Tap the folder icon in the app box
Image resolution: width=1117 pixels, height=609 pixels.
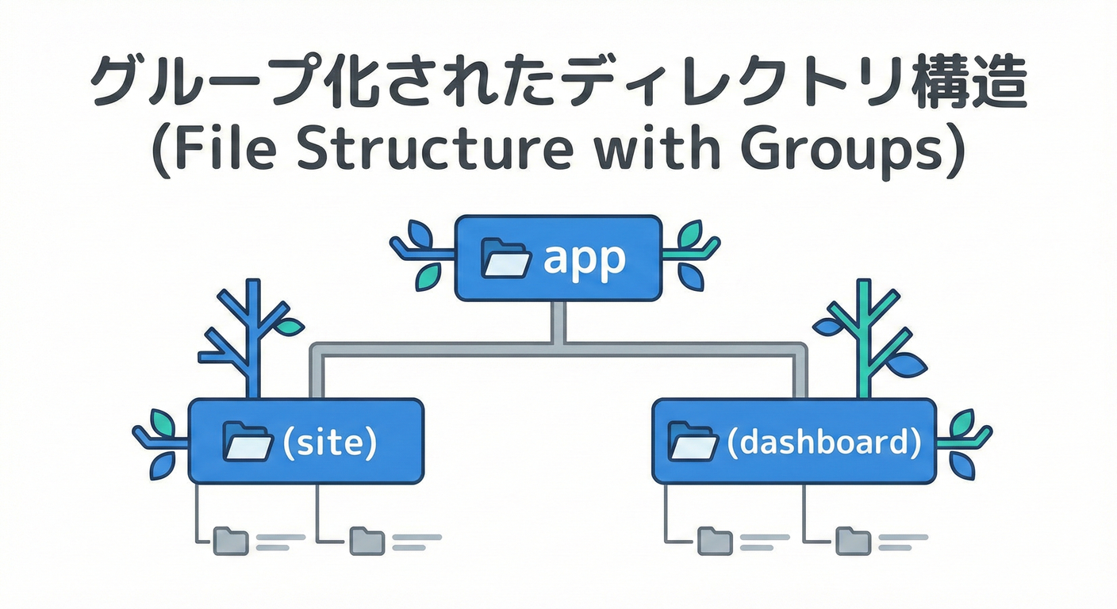[x=506, y=259]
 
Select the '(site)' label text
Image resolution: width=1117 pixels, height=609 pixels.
[x=329, y=442]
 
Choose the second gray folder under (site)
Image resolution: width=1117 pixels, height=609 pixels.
[x=367, y=541]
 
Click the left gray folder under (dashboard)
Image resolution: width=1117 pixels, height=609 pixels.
[x=715, y=541]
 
